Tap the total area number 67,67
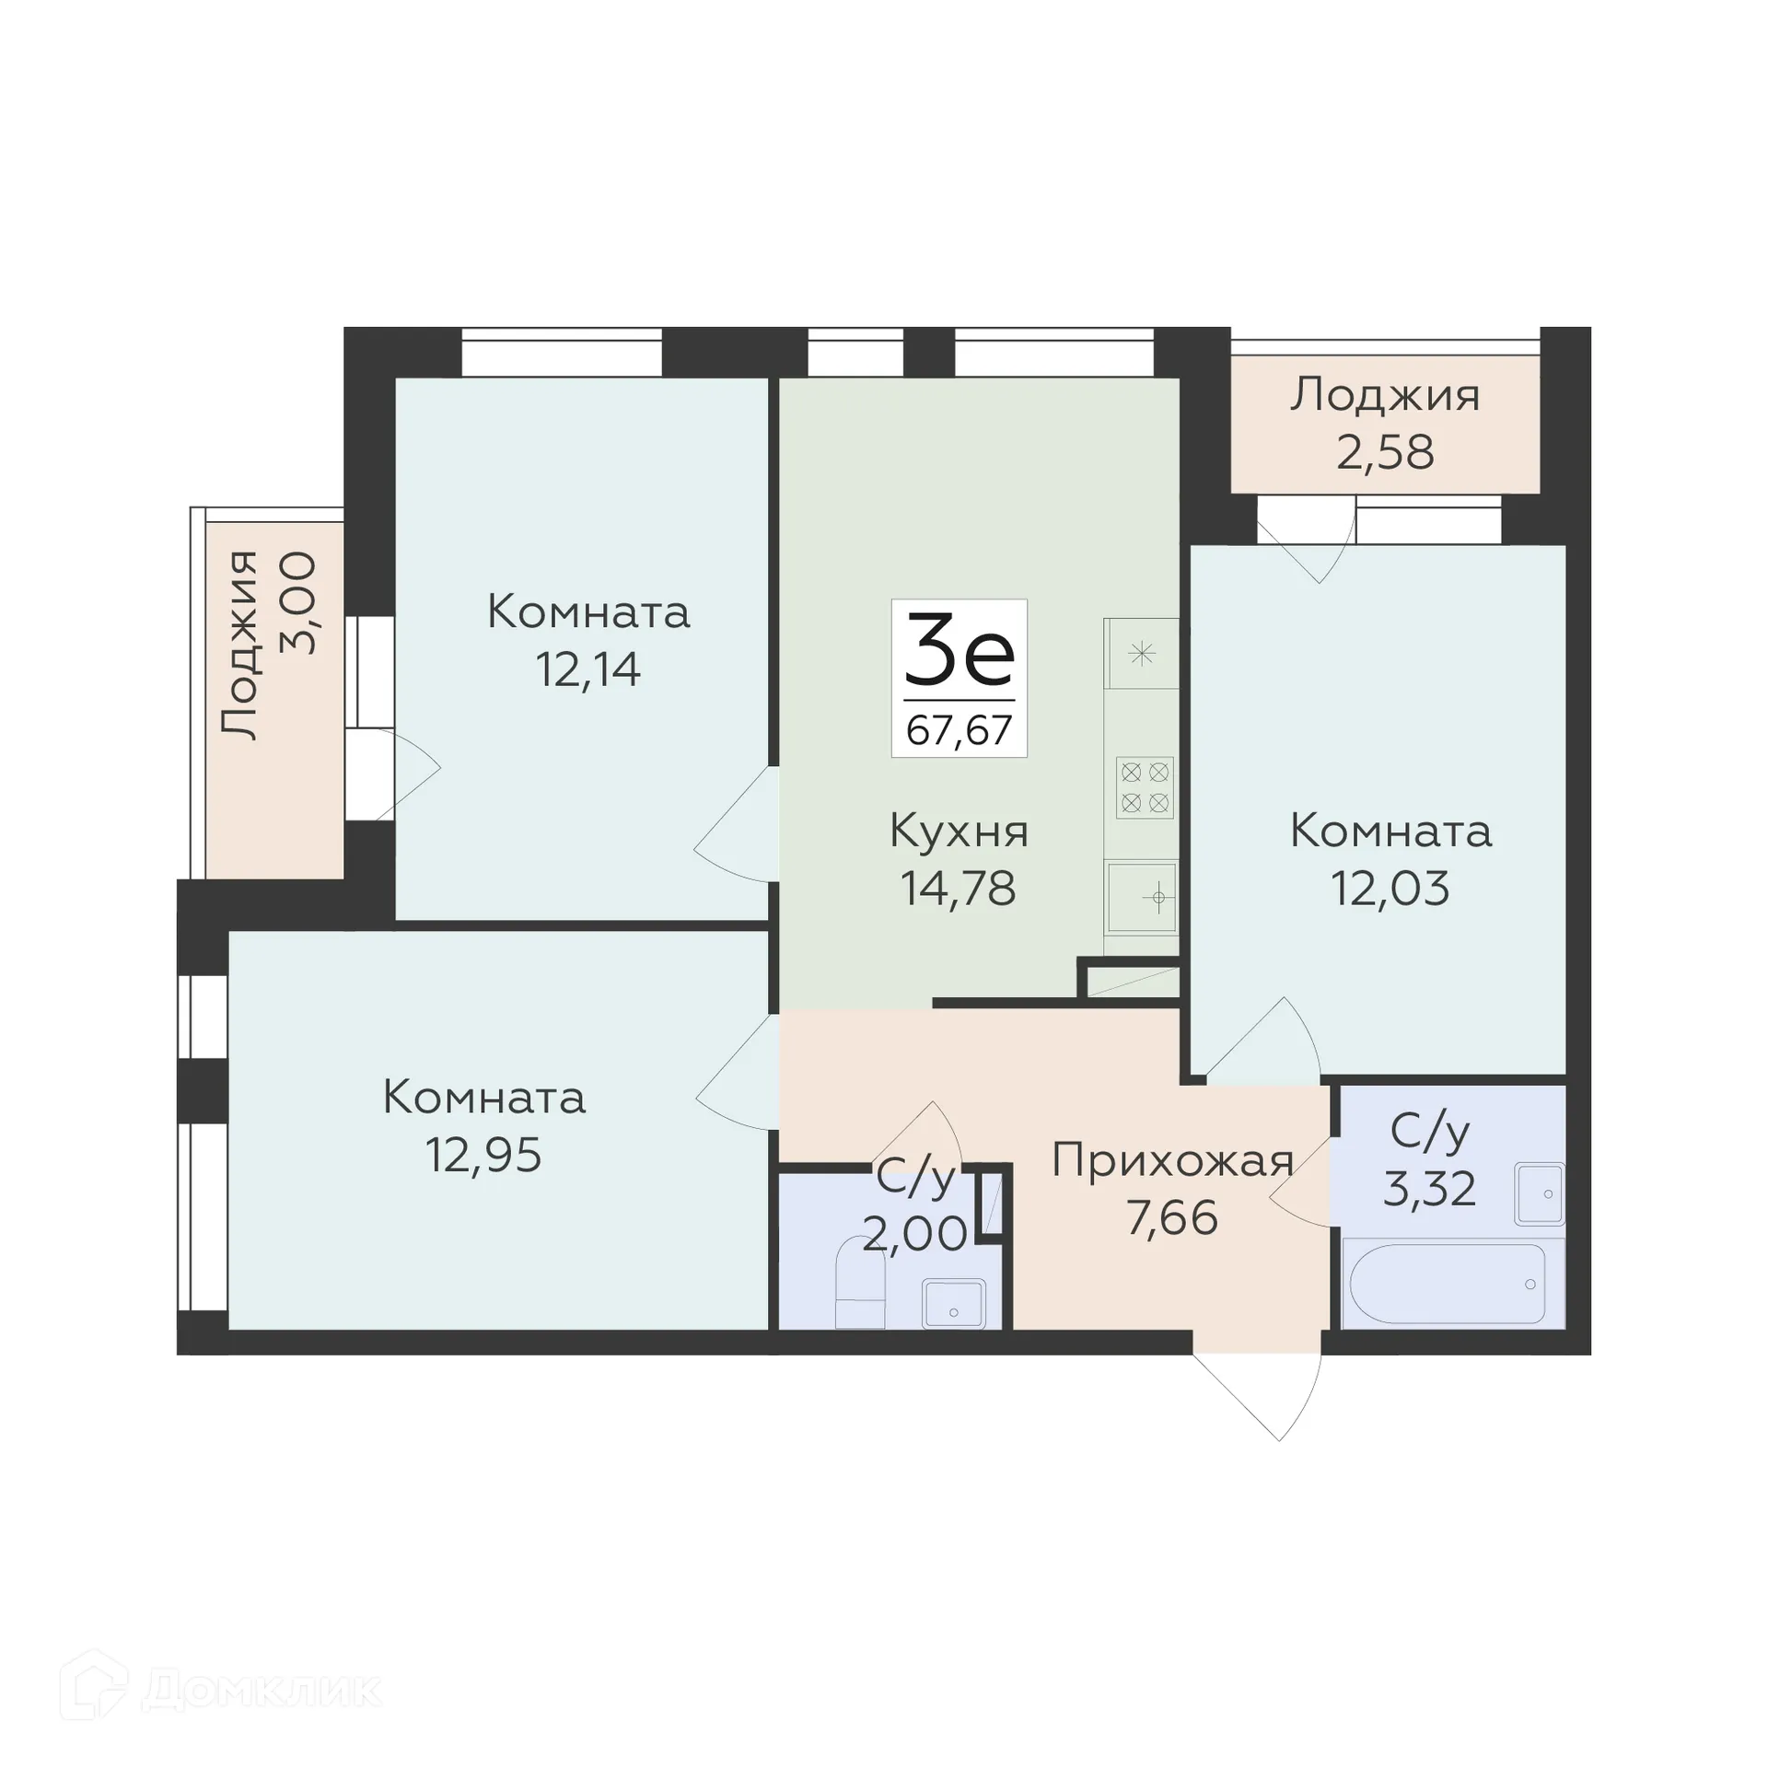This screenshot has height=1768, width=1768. pyautogui.click(x=959, y=730)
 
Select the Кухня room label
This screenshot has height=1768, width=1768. pyautogui.click(x=959, y=832)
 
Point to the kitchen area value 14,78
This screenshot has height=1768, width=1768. pyautogui.click(x=959, y=889)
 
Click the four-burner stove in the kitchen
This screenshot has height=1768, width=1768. pyautogui.click(x=1145, y=787)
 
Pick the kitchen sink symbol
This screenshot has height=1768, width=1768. pyautogui.click(x=1142, y=896)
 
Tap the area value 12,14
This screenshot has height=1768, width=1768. pyautogui.click(x=587, y=669)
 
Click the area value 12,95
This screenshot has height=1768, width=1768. pyautogui.click(x=483, y=1155)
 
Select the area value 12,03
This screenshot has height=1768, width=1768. pyautogui.click(x=1390, y=889)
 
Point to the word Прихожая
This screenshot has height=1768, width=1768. pyautogui.click(x=1172, y=1161)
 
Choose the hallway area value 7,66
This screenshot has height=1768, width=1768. pyautogui.click(x=1172, y=1218)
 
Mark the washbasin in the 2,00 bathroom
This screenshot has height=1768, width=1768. pyautogui.click(x=953, y=1303)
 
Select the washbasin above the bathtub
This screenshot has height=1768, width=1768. pyautogui.click(x=1540, y=1194)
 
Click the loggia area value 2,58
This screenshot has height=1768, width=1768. pyautogui.click(x=1385, y=452)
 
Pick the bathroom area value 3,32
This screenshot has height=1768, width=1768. pyautogui.click(x=1429, y=1189)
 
